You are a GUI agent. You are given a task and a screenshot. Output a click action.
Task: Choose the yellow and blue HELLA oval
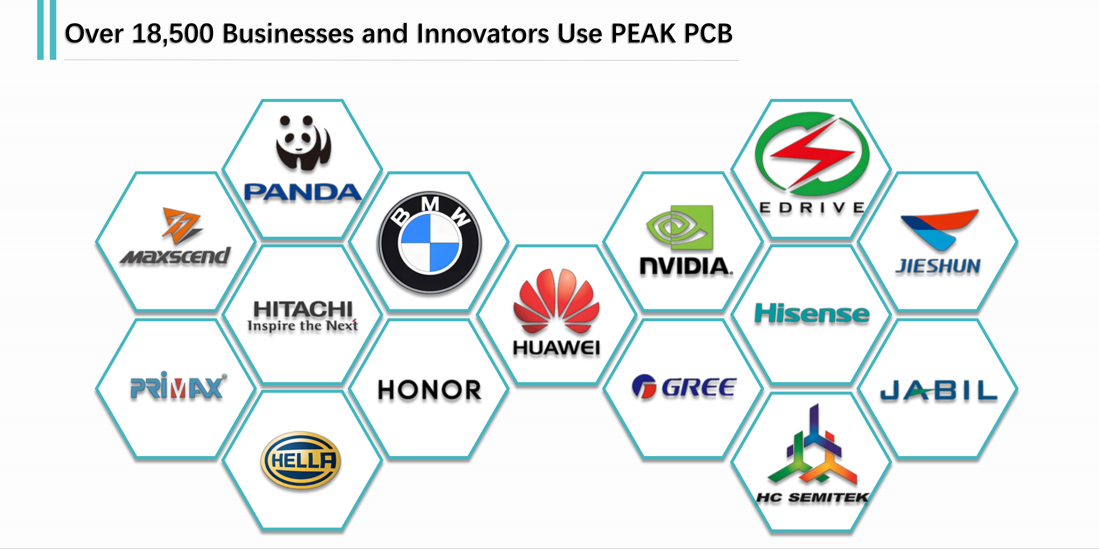[x=301, y=460]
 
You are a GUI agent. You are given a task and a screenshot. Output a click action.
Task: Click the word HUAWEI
[x=556, y=348]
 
